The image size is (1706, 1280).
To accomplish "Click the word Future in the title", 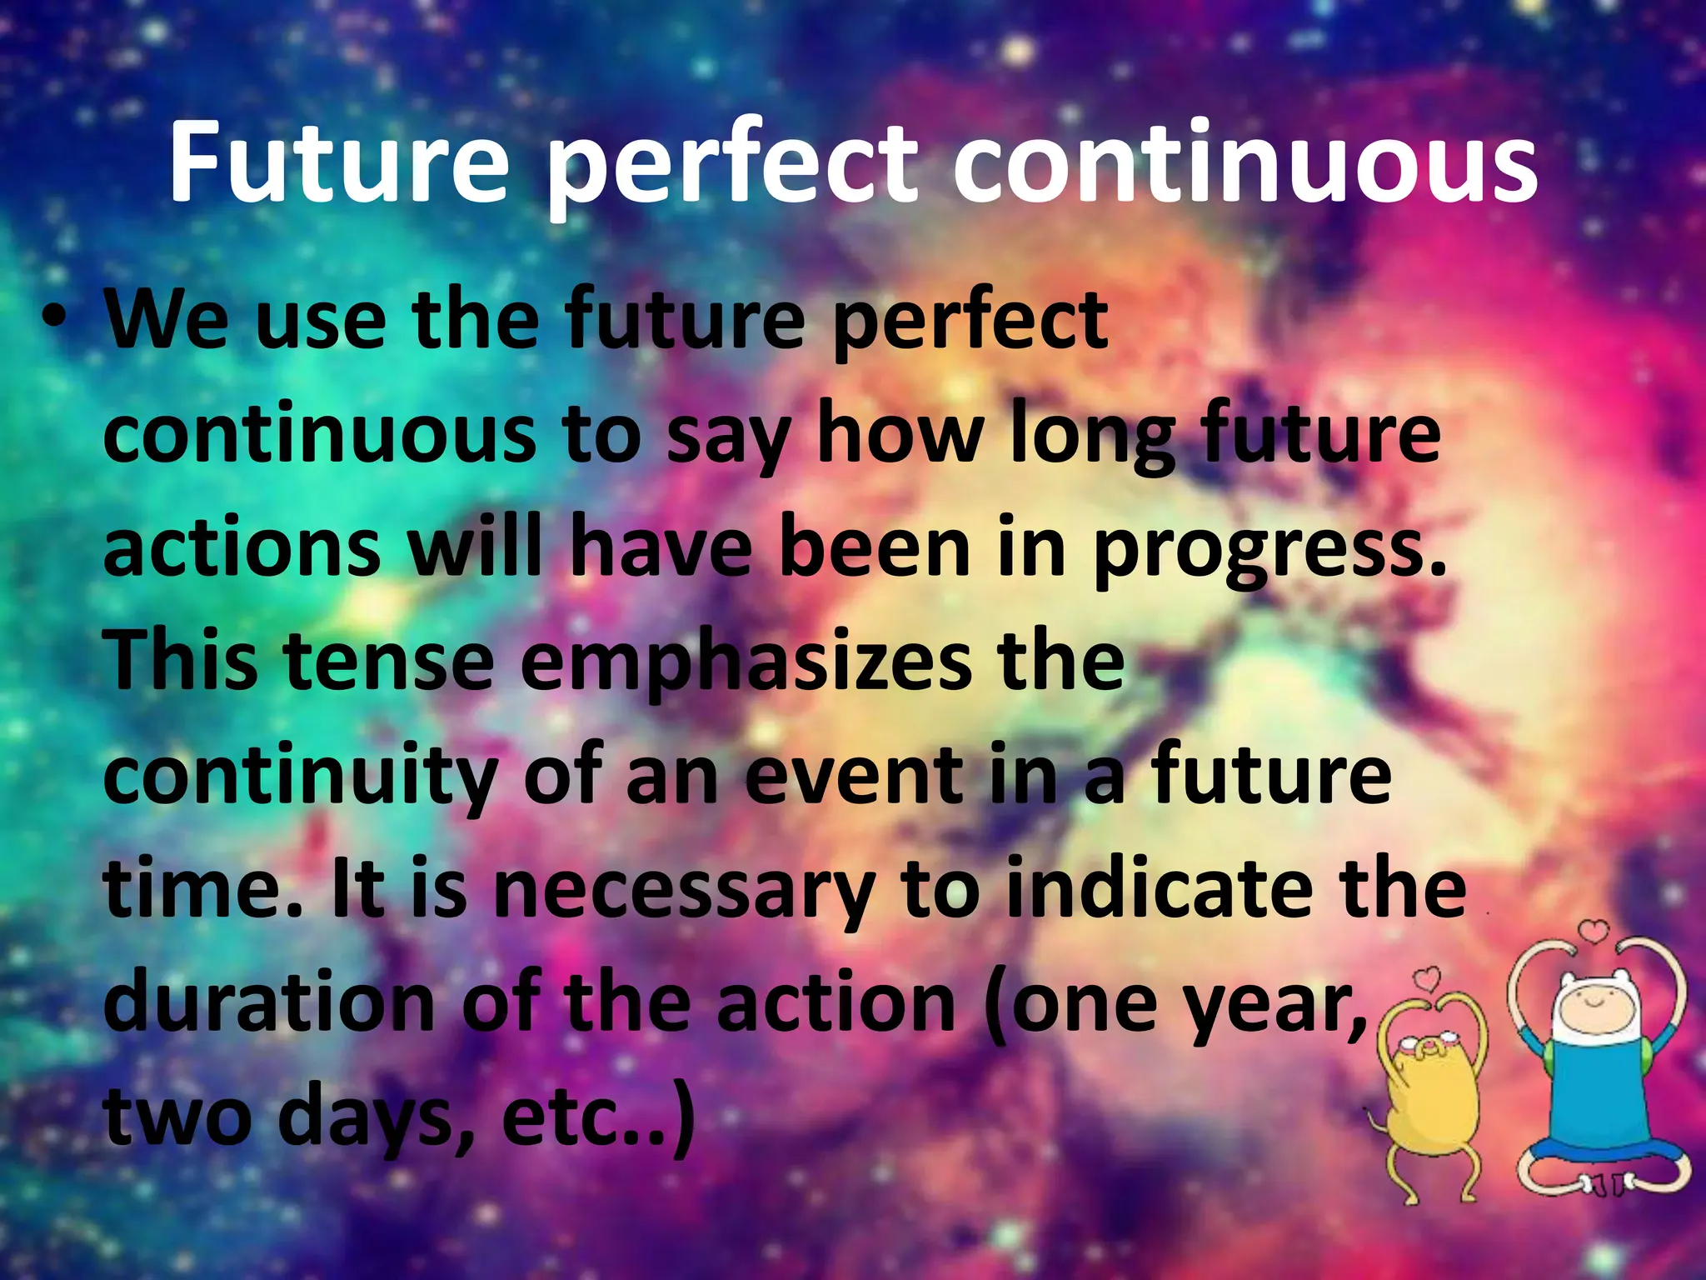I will pos(337,162).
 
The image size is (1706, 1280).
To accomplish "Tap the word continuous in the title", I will pos(1245,162).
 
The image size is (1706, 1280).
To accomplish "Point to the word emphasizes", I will pos(746,662).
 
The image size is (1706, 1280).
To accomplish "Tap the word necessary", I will pos(683,892).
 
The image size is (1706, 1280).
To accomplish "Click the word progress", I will pos(1266,550).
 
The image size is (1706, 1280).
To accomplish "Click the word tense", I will pos(387,662).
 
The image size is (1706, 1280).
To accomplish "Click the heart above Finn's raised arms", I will pos(1594,930).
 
